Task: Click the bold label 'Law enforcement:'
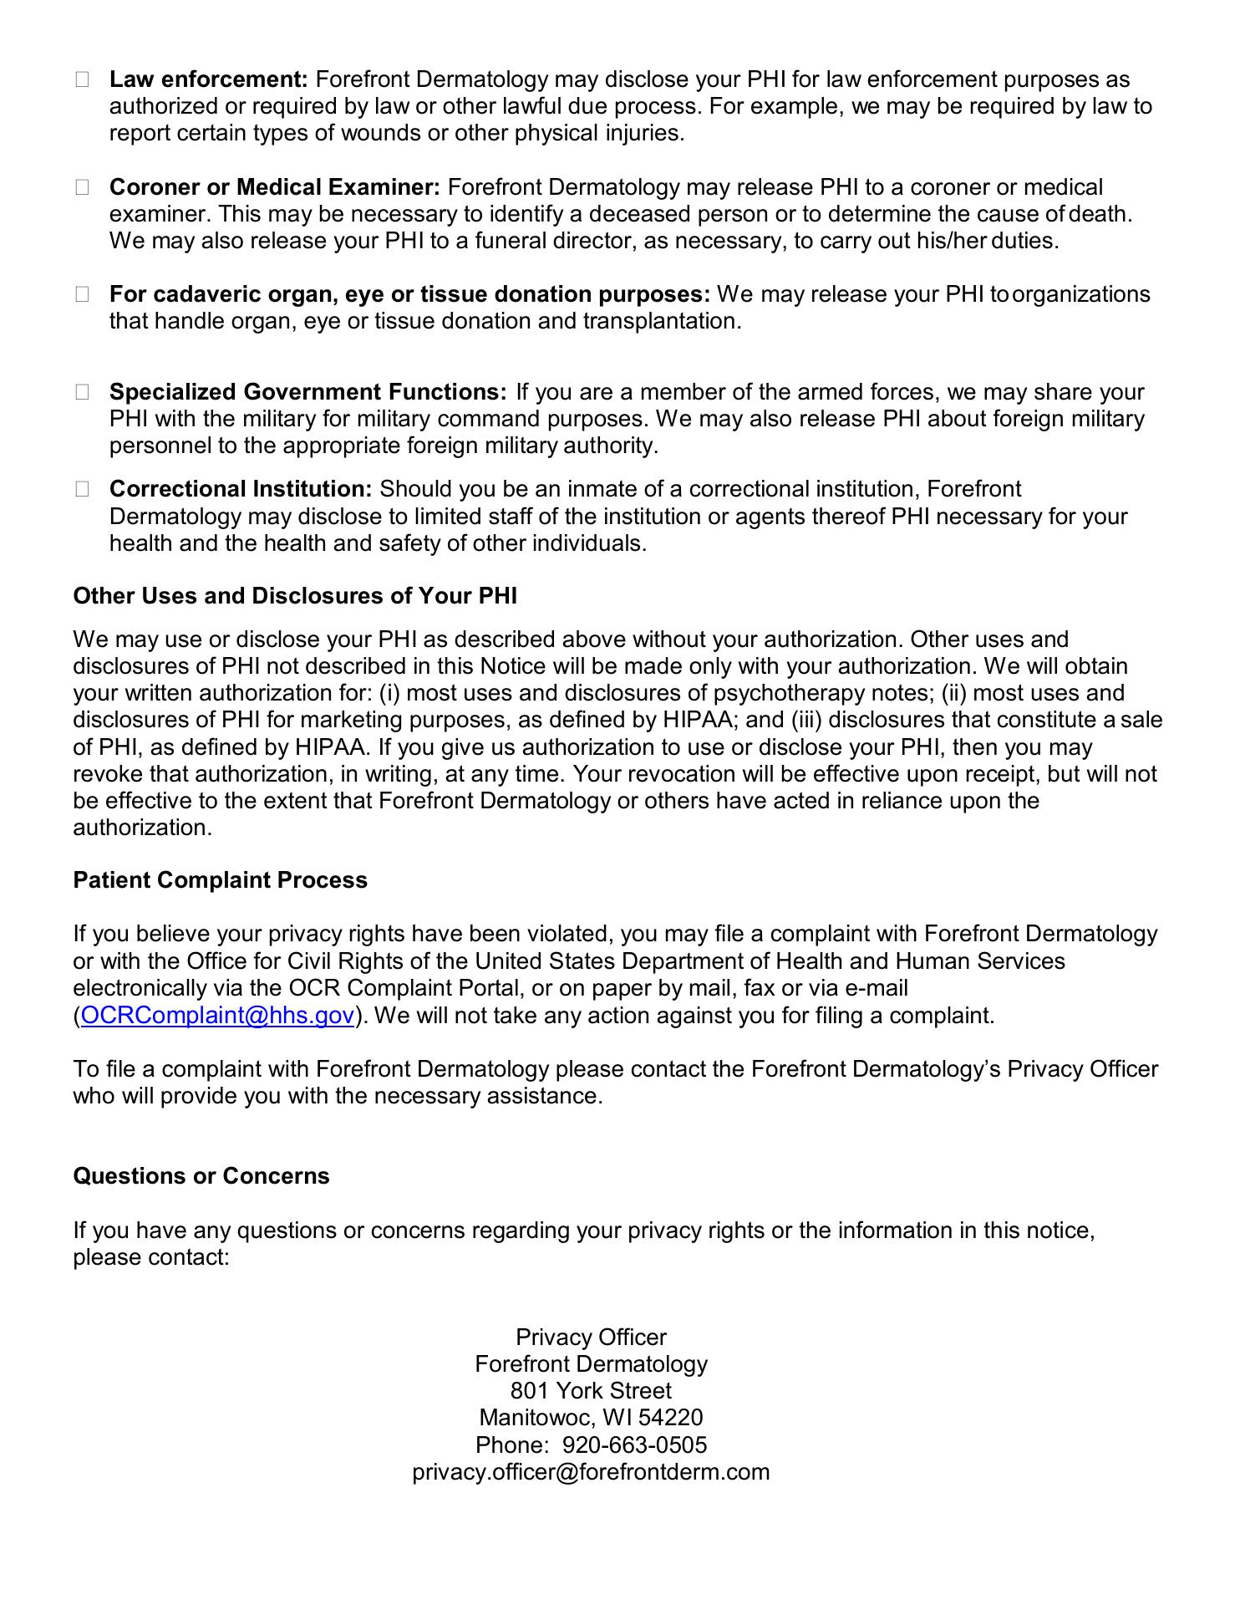(209, 79)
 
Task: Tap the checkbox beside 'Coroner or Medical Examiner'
(82, 187)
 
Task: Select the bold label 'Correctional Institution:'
(241, 489)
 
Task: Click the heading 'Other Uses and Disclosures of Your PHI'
(295, 596)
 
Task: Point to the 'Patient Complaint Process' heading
(221, 880)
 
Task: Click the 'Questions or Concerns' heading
(201, 1176)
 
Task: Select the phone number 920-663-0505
(634, 1445)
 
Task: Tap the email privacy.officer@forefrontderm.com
(591, 1472)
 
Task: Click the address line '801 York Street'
(591, 1391)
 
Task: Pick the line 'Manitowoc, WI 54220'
(591, 1418)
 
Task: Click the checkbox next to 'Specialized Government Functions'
(82, 392)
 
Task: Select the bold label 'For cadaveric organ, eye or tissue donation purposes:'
(409, 294)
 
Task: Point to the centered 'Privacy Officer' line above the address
(591, 1337)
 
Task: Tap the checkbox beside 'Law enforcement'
(82, 79)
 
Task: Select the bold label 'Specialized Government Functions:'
(307, 392)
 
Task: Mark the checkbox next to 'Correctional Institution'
(82, 489)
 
